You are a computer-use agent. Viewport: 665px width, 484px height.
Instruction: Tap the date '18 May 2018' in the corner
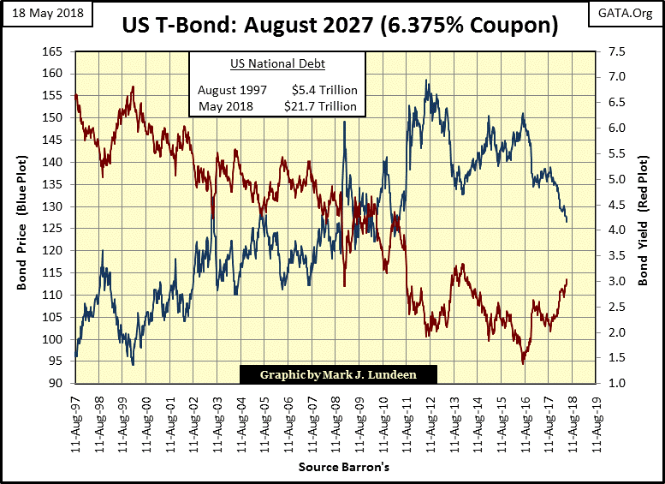(x=43, y=12)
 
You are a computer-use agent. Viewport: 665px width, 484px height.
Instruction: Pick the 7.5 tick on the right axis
(x=615, y=51)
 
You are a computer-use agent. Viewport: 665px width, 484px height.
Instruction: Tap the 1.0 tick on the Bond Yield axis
(x=615, y=384)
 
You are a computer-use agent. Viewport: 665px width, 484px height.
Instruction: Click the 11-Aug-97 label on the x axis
(x=75, y=420)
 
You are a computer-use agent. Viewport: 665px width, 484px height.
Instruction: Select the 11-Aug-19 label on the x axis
(x=600, y=420)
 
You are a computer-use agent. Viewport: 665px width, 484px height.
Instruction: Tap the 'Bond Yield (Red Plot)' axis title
(x=644, y=218)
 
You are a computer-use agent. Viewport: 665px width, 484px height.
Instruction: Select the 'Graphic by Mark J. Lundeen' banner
(x=338, y=373)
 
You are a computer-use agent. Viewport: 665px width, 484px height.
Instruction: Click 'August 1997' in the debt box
(x=232, y=90)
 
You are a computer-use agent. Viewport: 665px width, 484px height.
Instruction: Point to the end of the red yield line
(x=567, y=280)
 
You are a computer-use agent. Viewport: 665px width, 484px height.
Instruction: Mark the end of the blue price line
(x=567, y=222)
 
